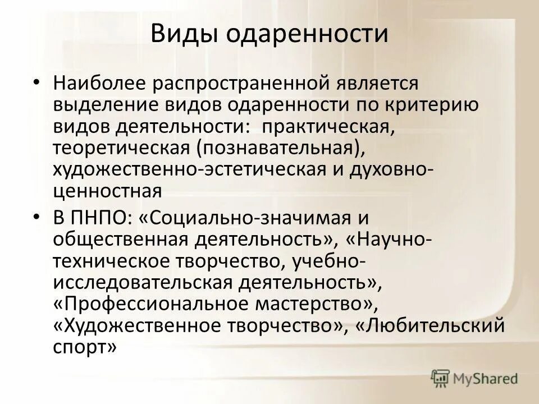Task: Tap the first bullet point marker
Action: (36, 82)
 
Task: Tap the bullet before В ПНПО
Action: (36, 216)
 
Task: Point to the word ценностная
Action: (108, 190)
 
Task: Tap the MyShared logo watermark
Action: (475, 378)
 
